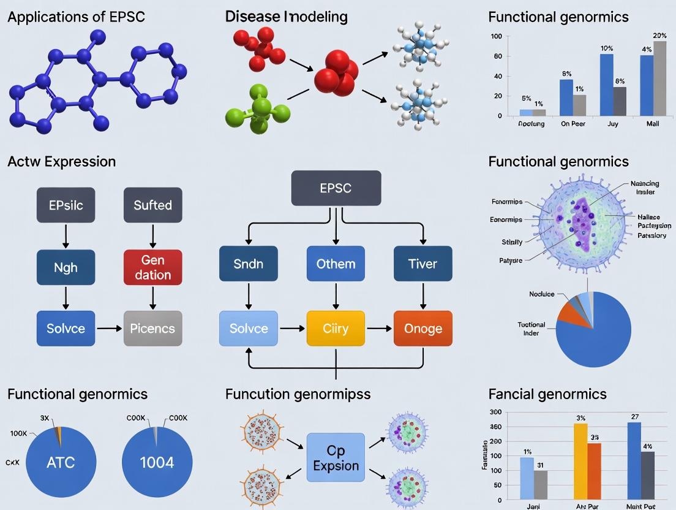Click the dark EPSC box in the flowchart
(336, 188)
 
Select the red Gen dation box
(152, 268)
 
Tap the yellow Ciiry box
(335, 329)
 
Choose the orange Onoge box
(423, 329)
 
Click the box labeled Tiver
(423, 264)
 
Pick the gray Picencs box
(152, 329)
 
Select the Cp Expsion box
(336, 458)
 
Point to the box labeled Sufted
(152, 205)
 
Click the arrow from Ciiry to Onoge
(379, 329)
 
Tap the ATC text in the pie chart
(61, 462)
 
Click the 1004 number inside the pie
(157, 462)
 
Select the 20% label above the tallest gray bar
(659, 36)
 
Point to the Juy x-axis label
(612, 124)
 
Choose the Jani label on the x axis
(533, 506)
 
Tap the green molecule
(258, 110)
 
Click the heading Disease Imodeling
(286, 17)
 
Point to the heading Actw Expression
(61, 162)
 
